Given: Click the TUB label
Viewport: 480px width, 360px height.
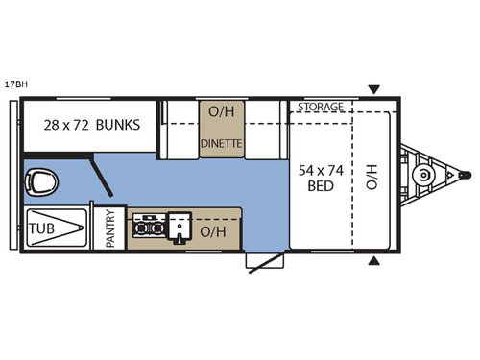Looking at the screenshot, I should pyautogui.click(x=41, y=229).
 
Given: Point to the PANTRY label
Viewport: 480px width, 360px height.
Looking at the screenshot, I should pyautogui.click(x=109, y=229).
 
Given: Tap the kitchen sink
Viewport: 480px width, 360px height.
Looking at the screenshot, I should pyautogui.click(x=180, y=228).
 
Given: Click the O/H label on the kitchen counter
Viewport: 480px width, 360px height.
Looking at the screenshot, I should pyautogui.click(x=213, y=231).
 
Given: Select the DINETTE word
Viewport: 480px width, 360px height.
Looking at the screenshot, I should pyautogui.click(x=221, y=144).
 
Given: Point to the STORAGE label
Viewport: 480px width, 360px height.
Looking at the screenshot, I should pyautogui.click(x=320, y=107).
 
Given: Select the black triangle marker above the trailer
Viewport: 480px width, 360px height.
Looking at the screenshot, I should pyautogui.click(x=373, y=89).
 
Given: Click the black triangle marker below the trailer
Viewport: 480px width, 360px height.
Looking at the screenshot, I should pyautogui.click(x=373, y=261).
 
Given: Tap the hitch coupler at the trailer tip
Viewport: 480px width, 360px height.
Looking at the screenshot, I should pyautogui.click(x=466, y=176).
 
